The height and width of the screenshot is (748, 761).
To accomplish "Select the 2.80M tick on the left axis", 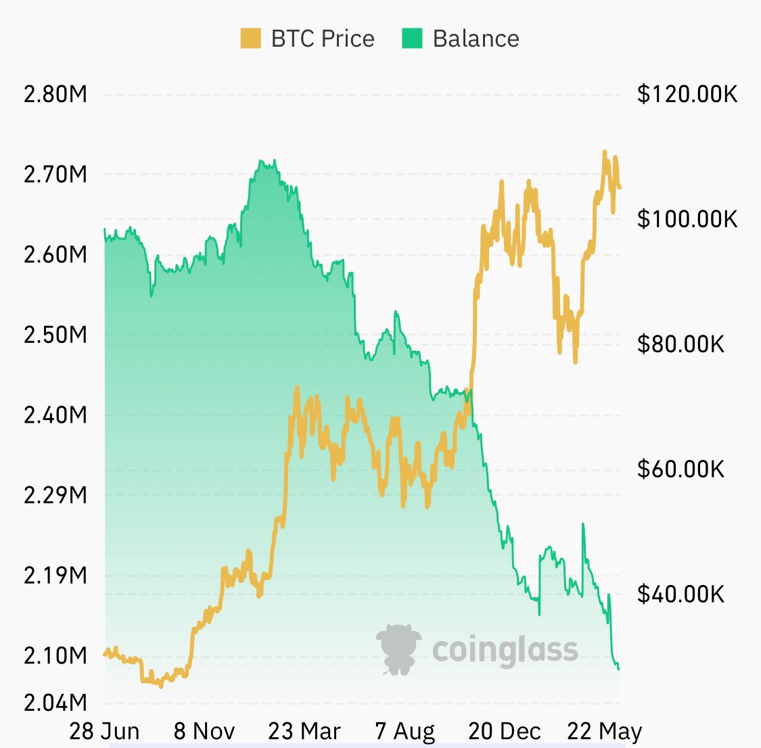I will point(55,94).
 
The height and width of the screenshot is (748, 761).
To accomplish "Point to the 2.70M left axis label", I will point(55,174).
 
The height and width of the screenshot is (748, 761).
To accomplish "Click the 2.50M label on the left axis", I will point(55,335).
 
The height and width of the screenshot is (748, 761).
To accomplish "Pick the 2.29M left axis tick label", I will point(55,495).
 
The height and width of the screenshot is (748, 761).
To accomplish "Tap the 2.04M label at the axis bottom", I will point(55,702).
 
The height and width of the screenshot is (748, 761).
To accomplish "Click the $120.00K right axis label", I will point(687,94).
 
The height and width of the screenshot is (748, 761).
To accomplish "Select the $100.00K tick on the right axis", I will point(687,219).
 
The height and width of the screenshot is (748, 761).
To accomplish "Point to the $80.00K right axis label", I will point(681,344).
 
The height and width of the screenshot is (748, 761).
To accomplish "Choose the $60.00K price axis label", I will point(681,469).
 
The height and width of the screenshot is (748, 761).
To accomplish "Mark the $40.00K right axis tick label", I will point(681,594).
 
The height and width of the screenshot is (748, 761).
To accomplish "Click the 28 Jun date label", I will point(105,731).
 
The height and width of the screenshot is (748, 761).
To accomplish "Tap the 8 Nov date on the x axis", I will point(204,731).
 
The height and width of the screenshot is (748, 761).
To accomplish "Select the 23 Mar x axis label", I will point(304,731).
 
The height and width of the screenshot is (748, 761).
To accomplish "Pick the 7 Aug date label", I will point(405,731).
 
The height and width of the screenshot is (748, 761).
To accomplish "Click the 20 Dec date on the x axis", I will point(505,731).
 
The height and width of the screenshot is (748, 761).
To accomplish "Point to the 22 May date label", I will point(605,731).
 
